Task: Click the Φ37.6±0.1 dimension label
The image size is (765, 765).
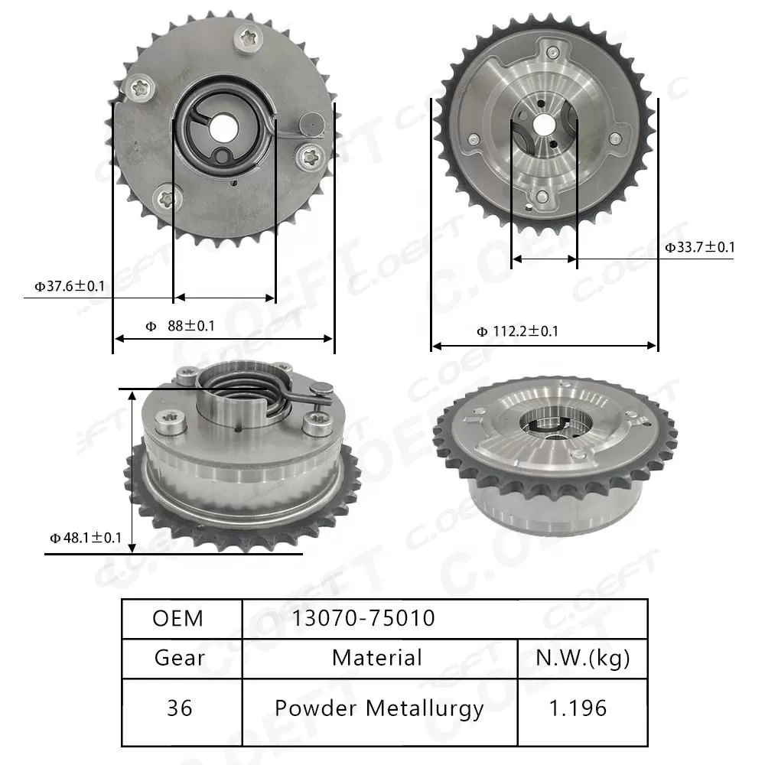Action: click(69, 287)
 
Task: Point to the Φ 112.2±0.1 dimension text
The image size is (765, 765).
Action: click(517, 331)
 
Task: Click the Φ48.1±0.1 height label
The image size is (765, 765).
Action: click(86, 538)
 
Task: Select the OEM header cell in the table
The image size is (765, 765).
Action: click(178, 618)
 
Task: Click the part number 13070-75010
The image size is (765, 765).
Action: click(363, 618)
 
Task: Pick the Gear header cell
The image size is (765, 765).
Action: click(180, 658)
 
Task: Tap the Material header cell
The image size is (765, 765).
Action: click(377, 658)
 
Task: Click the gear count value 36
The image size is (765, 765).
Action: click(180, 708)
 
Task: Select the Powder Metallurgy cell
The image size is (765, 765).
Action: click(379, 708)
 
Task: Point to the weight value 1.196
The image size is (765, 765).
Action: click(582, 708)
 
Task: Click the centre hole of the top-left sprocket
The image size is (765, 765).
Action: click(224, 125)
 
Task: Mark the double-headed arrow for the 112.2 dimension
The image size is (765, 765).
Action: click(544, 346)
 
